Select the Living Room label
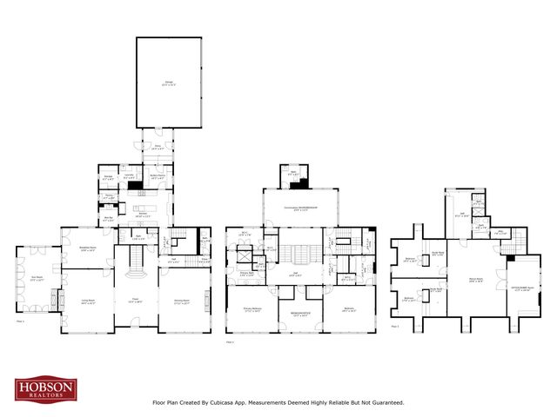pyautogui.click(x=88, y=302)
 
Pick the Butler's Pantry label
pyautogui.click(x=157, y=177)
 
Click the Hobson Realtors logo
pyautogui.click(x=46, y=389)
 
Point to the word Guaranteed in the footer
pyautogui.click(x=385, y=403)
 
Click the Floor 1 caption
pyautogui.click(x=20, y=321)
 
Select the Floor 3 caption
pyautogui.click(x=395, y=326)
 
